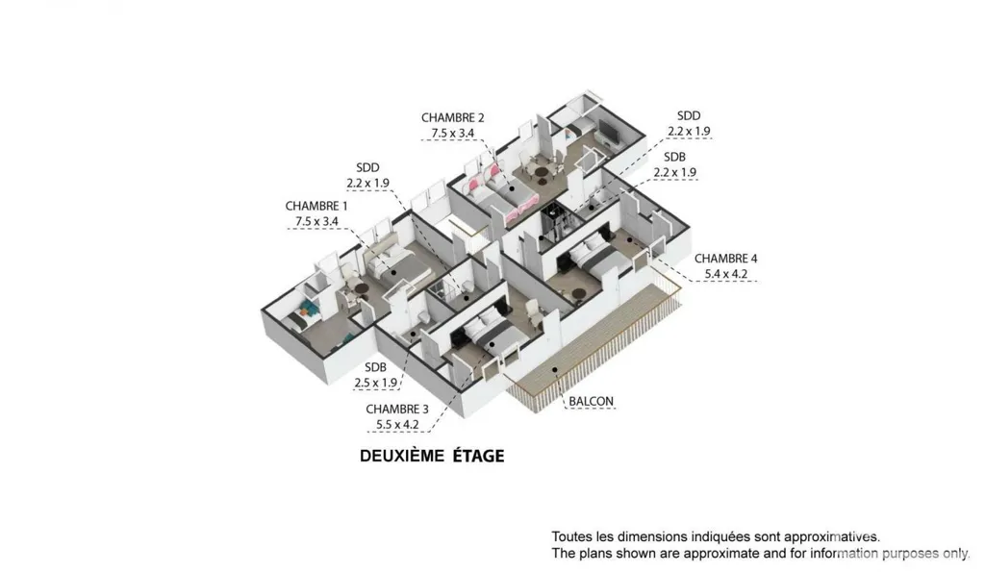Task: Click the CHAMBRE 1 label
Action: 316,206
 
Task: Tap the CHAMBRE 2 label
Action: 452,118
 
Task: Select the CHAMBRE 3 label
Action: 397,410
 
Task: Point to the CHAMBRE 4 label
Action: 725,259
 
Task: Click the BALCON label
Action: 592,401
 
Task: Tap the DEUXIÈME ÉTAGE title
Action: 432,456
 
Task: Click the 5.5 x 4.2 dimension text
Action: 397,425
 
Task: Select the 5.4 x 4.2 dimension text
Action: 725,274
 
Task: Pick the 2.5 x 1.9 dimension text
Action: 376,383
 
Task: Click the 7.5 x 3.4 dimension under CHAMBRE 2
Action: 452,134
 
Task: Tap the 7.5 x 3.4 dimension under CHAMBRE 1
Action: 316,222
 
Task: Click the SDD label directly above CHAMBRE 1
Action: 367,167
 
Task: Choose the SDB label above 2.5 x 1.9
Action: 375,367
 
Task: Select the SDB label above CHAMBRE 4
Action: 674,157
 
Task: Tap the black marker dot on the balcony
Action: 555,370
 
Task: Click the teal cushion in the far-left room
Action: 308,307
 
